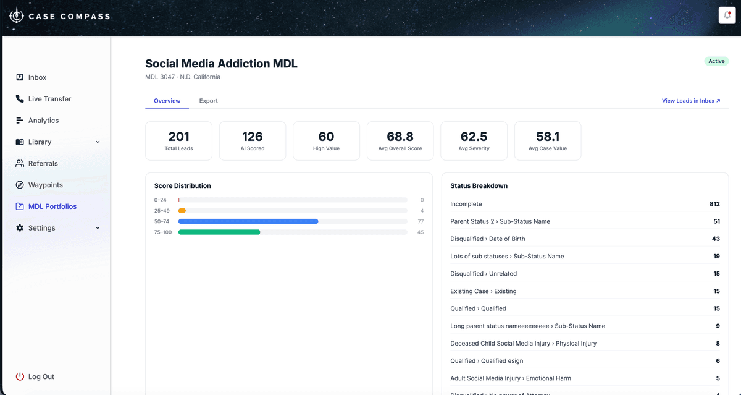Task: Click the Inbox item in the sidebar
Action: [37, 77]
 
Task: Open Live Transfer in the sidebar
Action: [49, 99]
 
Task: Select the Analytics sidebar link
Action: [43, 121]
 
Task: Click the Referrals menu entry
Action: [43, 163]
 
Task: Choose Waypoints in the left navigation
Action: [45, 185]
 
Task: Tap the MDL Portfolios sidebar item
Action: [52, 206]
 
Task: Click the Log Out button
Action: [41, 376]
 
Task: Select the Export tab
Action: [208, 101]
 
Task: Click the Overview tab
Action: [167, 101]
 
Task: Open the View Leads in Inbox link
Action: [691, 101]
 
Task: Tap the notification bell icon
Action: [727, 15]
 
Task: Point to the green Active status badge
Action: [716, 61]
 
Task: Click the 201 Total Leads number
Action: [178, 137]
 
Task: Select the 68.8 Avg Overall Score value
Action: [400, 137]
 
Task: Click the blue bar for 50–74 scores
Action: [248, 221]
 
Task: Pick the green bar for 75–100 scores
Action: [219, 232]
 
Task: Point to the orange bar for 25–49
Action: [182, 211]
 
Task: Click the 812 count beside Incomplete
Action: [714, 204]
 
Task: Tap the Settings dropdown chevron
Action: [98, 228]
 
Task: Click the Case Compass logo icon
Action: [17, 16]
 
